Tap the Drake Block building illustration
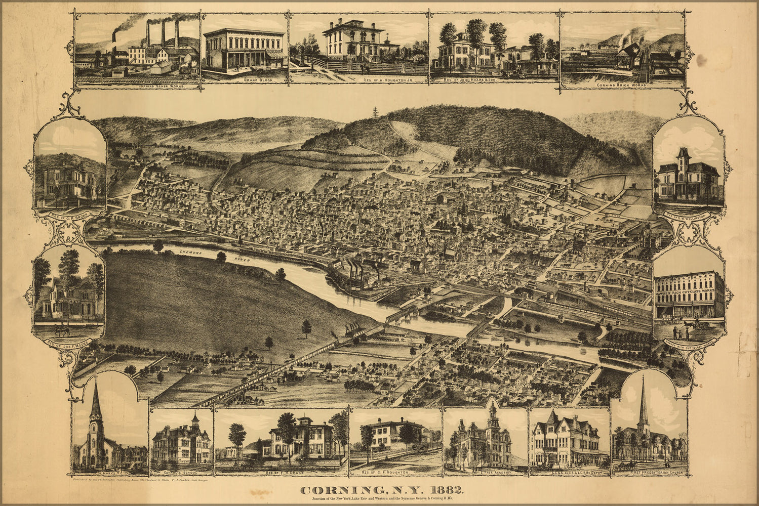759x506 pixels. (244, 51)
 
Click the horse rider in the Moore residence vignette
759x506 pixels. (62, 331)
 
